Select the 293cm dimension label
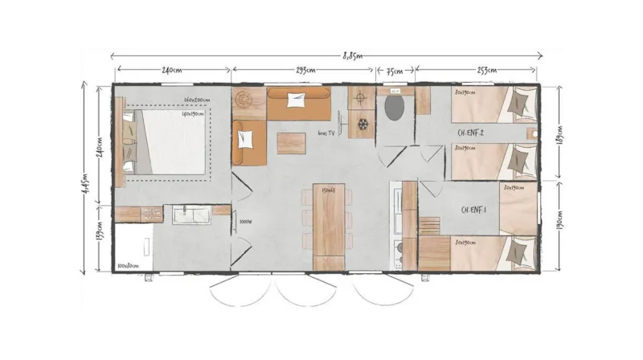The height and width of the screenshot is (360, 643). point(305,71)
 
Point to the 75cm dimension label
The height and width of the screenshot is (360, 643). point(395,71)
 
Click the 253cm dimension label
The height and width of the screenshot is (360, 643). point(477,71)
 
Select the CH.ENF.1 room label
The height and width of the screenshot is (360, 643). point(474,211)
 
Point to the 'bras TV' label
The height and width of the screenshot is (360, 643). point(326,133)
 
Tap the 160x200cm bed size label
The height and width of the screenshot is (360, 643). point(196,100)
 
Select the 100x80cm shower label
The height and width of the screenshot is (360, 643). point(127,264)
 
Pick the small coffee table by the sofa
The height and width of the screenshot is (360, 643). point(291,142)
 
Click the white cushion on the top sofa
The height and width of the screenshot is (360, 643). point(297,100)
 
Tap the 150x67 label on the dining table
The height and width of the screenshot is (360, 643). point(327,191)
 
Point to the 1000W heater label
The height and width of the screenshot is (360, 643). point(245,223)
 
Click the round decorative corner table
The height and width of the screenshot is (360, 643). point(244,103)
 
